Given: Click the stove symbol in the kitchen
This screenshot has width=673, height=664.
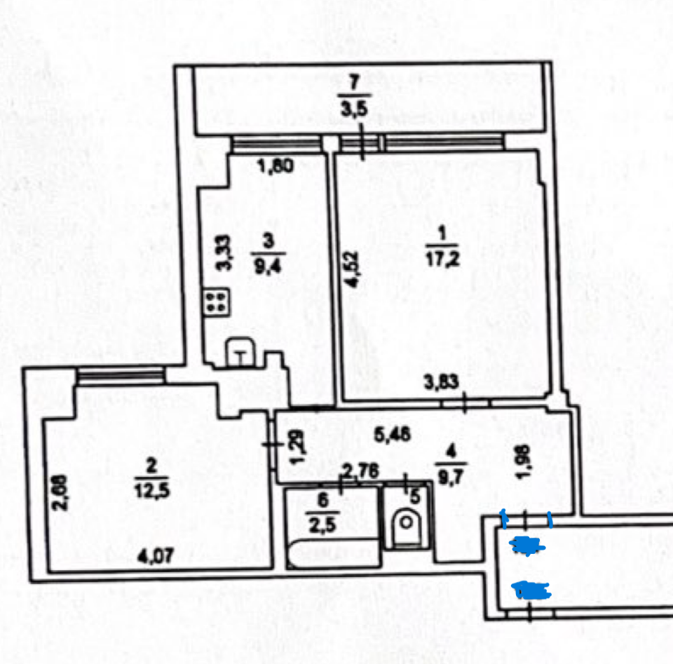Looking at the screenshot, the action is point(216,302).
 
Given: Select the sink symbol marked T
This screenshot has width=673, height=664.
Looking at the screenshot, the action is point(240,354).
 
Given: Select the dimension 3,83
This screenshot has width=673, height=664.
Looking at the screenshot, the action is point(442,383).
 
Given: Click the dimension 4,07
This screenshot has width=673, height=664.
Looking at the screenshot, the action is point(154,559).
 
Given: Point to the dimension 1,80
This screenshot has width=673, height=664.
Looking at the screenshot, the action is point(274,167).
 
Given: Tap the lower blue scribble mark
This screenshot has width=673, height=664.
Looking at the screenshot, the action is point(531,590).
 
